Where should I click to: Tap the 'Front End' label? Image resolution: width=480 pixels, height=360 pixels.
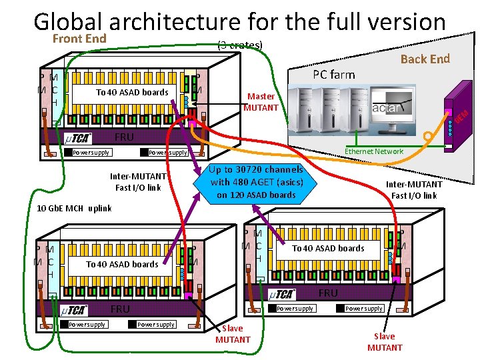(79, 39)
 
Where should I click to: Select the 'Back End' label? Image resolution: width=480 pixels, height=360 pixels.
(425, 59)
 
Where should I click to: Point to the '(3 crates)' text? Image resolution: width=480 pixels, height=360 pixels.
(241, 45)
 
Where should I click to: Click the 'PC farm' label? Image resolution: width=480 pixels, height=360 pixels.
(333, 74)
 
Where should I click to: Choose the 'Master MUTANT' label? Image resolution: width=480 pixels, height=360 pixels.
(261, 102)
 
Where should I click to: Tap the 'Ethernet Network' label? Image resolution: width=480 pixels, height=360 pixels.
(373, 151)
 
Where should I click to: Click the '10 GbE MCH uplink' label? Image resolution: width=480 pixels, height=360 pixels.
(73, 209)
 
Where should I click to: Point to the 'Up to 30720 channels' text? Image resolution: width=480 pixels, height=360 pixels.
(257, 169)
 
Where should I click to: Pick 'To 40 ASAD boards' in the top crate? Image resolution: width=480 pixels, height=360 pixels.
(132, 93)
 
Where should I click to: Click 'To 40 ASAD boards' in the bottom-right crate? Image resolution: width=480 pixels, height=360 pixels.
(328, 248)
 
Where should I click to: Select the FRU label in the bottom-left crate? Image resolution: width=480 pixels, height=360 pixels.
(120, 309)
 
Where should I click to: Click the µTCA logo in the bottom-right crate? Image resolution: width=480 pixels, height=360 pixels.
(282, 294)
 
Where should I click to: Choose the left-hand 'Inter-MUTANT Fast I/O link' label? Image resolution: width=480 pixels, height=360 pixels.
(138, 182)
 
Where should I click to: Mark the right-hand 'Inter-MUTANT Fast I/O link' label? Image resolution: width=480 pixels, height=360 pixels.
(414, 190)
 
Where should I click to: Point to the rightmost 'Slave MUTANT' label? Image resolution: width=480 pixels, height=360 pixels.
(385, 342)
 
